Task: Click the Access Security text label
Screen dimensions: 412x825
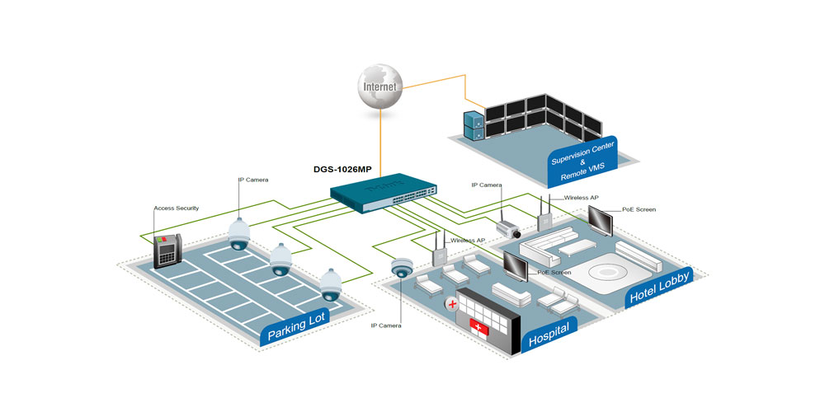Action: pyautogui.click(x=176, y=208)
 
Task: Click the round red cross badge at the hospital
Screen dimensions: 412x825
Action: pyautogui.click(x=451, y=304)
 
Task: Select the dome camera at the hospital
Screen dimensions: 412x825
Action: pyautogui.click(x=402, y=268)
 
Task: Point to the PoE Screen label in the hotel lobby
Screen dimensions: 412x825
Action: pyautogui.click(x=639, y=210)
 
